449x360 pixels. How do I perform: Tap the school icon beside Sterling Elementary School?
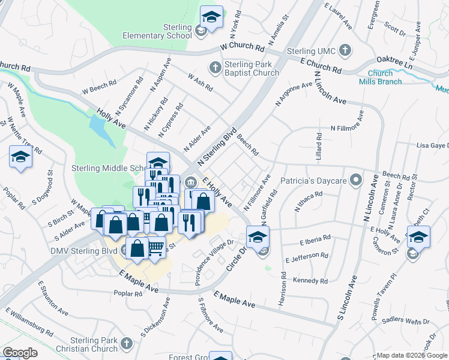[211, 19]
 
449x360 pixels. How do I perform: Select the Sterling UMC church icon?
[345, 51]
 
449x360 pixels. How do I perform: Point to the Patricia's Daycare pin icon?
[356, 180]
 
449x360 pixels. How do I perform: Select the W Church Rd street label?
[243, 47]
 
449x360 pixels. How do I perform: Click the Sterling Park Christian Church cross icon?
[125, 343]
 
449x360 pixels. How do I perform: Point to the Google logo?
[20, 353]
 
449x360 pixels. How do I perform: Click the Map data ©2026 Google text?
[412, 355]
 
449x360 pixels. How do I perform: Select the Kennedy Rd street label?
[310, 281]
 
